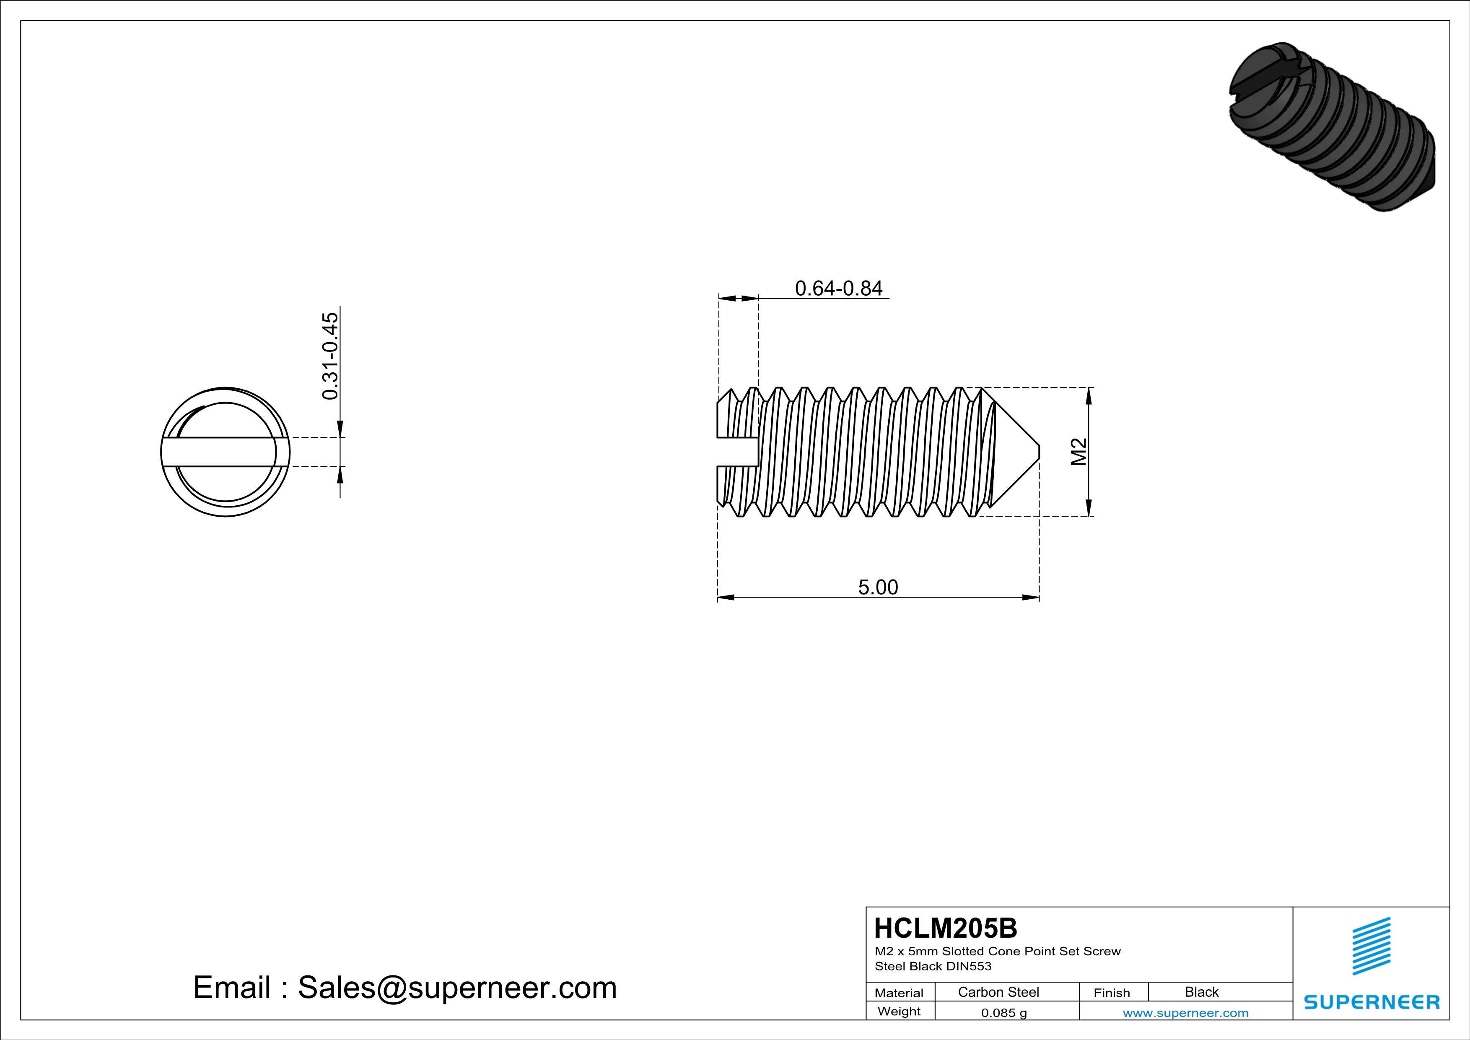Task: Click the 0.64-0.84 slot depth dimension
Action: point(838,289)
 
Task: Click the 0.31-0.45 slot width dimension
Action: point(330,356)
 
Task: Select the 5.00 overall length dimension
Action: point(878,587)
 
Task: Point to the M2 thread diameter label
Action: point(1079,452)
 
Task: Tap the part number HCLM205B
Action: point(945,928)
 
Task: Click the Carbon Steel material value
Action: point(998,992)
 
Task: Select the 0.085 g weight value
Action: point(1003,1012)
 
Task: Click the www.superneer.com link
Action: point(1185,1012)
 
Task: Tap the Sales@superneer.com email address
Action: point(457,988)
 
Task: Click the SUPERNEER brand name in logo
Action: point(1371,1002)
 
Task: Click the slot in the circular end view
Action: point(226,452)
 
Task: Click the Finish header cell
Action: point(1112,993)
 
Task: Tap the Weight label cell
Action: point(899,1011)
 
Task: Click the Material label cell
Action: point(899,993)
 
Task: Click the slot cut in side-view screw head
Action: point(738,452)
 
